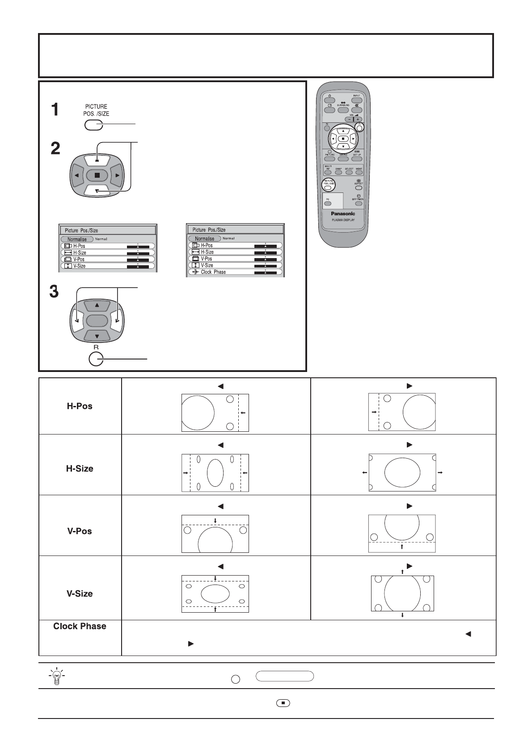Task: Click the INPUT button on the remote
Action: coord(357,100)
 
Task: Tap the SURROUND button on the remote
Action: coord(343,110)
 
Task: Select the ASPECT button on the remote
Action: coord(359,188)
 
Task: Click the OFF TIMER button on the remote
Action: coord(359,204)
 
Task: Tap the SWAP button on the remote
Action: coord(338,172)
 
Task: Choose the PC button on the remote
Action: coord(328,204)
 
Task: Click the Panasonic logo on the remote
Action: coord(343,213)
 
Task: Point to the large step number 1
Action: coord(55,110)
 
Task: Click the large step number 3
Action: coord(54,292)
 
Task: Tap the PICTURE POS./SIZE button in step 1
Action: coord(93,125)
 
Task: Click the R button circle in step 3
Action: coord(96,359)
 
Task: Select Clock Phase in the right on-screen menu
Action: coord(213,272)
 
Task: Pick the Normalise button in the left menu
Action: coord(77,239)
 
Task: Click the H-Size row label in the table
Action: coord(80,468)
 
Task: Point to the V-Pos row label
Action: coord(80,531)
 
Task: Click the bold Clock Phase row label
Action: coord(80,626)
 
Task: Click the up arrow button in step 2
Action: coord(97,160)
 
